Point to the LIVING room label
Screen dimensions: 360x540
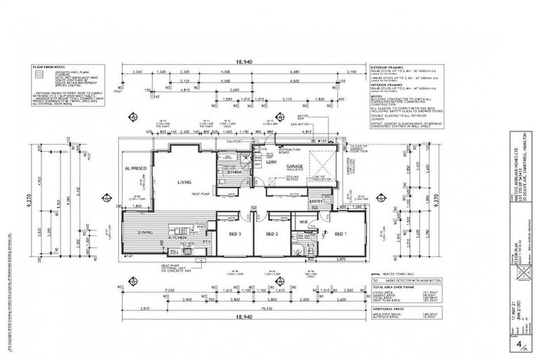click(x=186, y=182)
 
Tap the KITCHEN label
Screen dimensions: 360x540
click(x=176, y=239)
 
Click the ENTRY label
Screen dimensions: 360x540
click(x=316, y=202)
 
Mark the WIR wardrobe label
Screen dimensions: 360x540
click(x=305, y=222)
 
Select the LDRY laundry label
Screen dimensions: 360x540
click(x=270, y=162)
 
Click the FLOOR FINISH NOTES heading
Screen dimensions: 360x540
click(x=49, y=67)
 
